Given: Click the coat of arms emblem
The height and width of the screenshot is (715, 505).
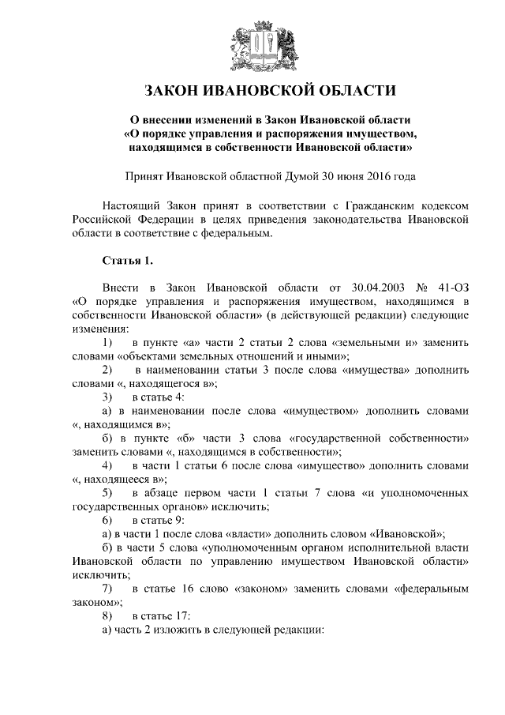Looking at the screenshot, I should [x=252, y=44].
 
